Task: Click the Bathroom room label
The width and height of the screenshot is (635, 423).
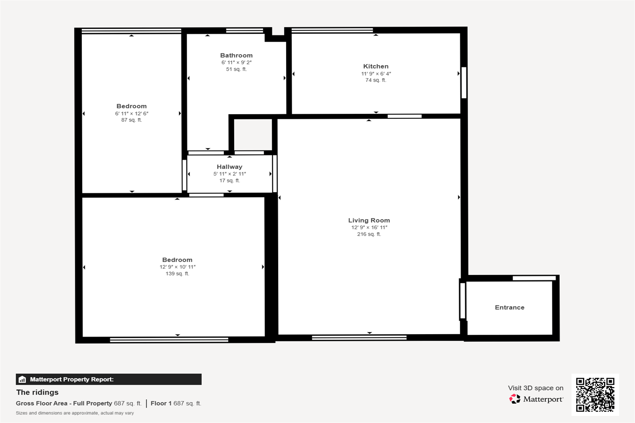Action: point(236,55)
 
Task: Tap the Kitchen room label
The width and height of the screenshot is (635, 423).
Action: point(376,66)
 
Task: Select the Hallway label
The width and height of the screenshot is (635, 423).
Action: point(229,167)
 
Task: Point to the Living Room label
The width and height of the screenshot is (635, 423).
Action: point(369,220)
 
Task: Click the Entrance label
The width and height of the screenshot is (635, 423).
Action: point(510,308)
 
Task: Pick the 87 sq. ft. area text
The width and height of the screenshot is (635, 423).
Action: point(132,120)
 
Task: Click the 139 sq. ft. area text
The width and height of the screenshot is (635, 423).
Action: point(177,274)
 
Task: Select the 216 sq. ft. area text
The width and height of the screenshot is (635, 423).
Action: point(369,234)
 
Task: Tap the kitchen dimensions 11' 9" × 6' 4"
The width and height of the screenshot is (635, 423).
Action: point(376,74)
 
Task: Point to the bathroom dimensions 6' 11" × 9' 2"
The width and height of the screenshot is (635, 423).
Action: point(236,62)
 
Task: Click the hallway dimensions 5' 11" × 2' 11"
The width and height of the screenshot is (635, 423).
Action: point(229,174)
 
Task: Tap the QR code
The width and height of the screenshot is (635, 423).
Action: point(595,395)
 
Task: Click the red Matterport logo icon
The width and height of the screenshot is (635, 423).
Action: point(515,399)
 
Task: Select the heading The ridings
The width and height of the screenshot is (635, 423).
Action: point(37,393)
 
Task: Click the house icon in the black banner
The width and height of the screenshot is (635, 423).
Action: point(22,379)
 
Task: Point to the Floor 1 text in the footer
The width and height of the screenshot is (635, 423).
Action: point(161,404)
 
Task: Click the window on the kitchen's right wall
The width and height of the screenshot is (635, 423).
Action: point(464,83)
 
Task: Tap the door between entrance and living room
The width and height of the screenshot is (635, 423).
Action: point(462,301)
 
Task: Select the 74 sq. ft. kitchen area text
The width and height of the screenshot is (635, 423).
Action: point(376,80)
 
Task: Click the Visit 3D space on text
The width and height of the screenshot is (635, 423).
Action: point(536,388)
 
